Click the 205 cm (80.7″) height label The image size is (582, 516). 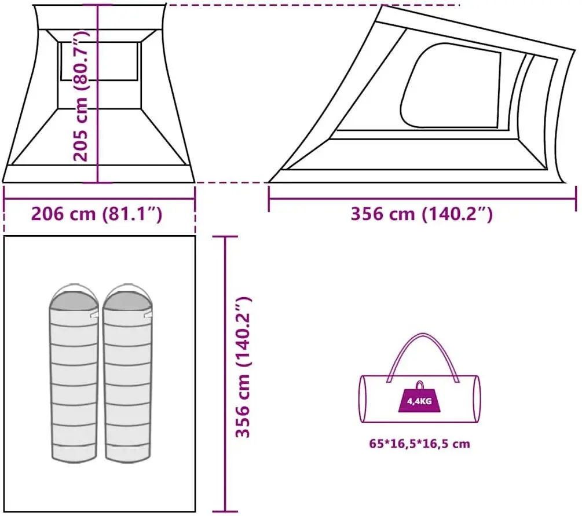tap(81, 96)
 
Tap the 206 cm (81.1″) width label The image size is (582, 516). tap(96, 214)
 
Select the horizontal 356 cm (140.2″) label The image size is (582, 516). tap(422, 214)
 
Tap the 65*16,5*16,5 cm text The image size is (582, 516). tap(419, 444)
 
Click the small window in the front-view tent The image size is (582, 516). tap(100, 61)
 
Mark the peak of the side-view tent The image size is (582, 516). tap(383, 7)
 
